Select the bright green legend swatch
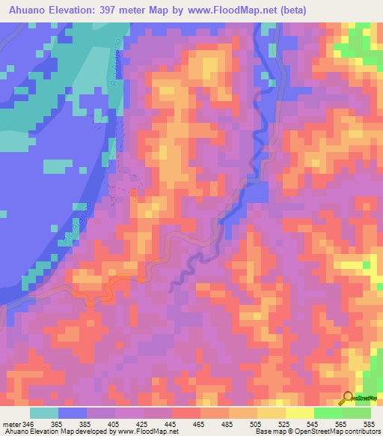pyautogui.click(x=328, y=413)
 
